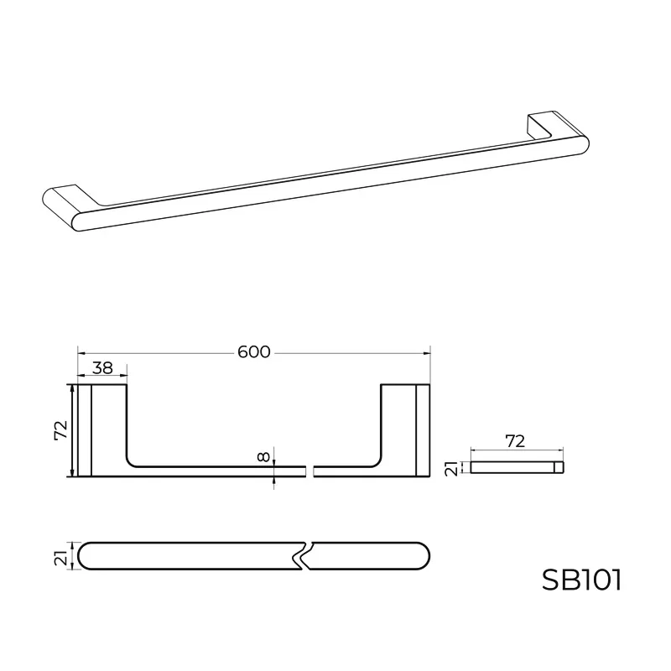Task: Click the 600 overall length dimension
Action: [253, 352]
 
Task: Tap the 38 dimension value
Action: [102, 367]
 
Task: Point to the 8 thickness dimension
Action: [264, 457]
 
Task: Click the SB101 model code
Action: [580, 580]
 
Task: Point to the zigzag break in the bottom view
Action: [304, 556]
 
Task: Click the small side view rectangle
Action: [517, 466]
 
